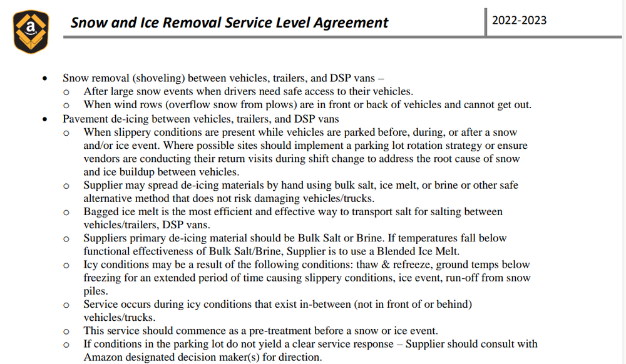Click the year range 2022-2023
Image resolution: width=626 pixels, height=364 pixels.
[519, 20]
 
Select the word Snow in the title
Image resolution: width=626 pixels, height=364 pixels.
[87, 23]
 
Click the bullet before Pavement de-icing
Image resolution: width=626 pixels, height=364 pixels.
[44, 119]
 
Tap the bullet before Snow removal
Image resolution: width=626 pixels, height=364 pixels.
[44, 79]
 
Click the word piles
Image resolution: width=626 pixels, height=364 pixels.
[95, 291]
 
